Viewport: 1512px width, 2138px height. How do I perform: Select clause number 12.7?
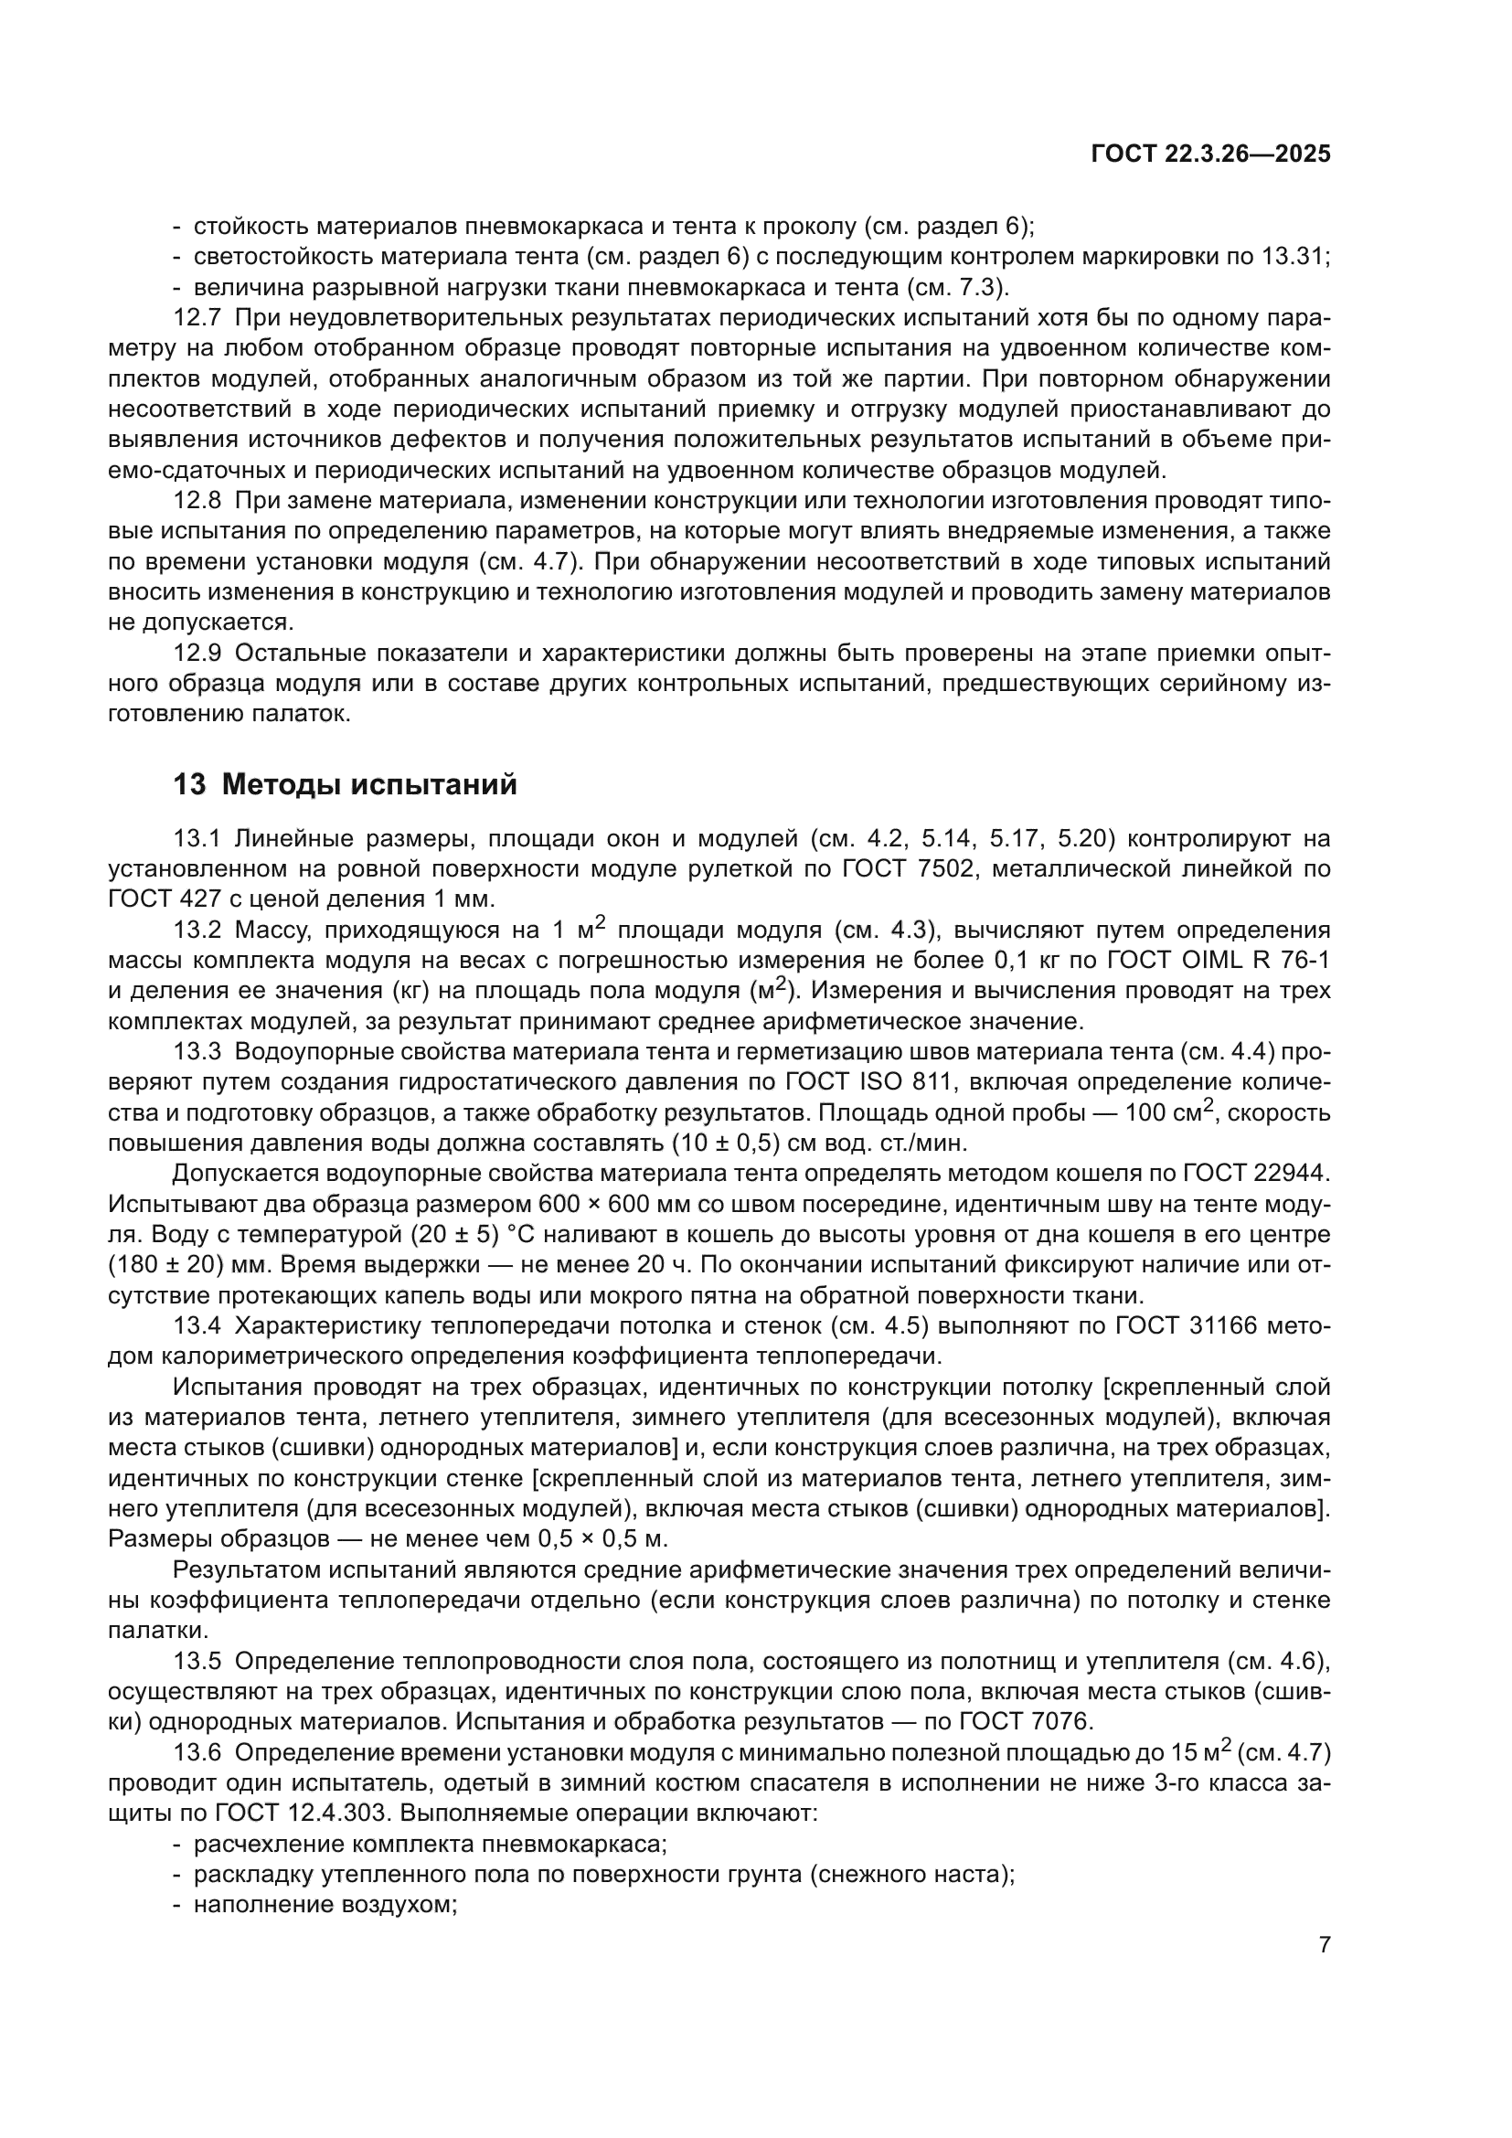point(197,317)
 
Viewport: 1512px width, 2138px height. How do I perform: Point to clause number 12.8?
point(197,501)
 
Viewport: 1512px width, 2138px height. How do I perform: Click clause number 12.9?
point(197,654)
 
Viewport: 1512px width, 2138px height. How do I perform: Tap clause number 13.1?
point(197,839)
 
